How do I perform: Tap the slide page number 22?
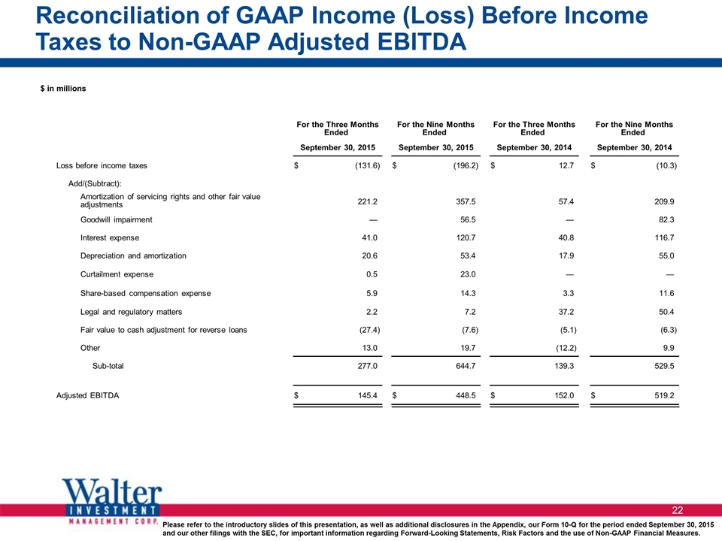(x=678, y=510)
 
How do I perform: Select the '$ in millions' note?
(x=63, y=89)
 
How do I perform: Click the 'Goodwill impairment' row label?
(x=116, y=220)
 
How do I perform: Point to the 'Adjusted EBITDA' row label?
(x=87, y=396)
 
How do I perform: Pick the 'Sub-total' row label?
(x=108, y=366)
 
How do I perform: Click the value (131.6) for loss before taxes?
(x=368, y=165)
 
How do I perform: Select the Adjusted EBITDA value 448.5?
(x=466, y=396)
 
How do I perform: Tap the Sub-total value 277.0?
(x=368, y=366)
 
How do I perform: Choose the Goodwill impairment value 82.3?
(x=666, y=220)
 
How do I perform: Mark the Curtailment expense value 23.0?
(x=468, y=274)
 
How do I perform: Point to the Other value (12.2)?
(x=566, y=348)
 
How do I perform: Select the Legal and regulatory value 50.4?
(x=666, y=312)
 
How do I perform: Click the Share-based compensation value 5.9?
(x=372, y=294)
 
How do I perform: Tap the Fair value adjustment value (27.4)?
(x=369, y=330)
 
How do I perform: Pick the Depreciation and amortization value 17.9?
(x=566, y=255)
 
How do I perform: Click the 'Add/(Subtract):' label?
(x=95, y=184)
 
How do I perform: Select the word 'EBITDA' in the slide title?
(x=422, y=42)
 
